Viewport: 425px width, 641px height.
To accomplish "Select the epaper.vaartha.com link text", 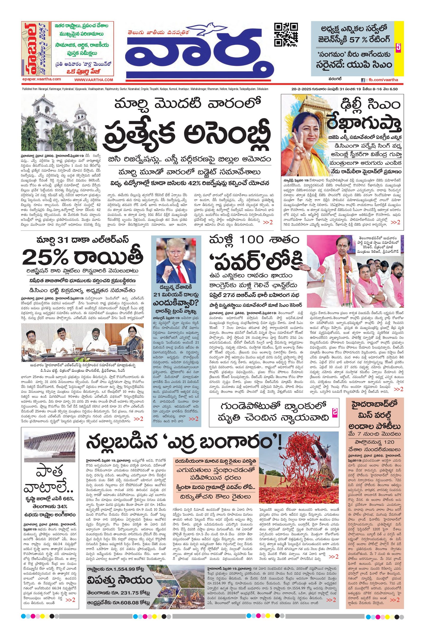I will coord(41,79).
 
